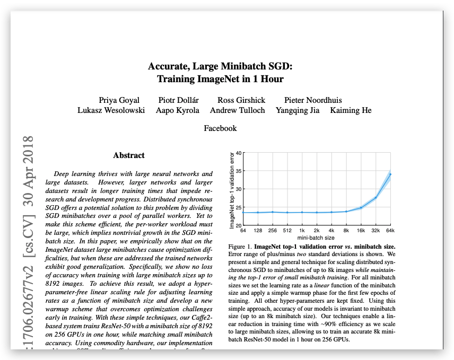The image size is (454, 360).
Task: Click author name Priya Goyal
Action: (119, 100)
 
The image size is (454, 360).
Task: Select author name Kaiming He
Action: (351, 110)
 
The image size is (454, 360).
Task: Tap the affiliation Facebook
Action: (220, 128)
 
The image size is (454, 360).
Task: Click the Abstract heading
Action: (129, 155)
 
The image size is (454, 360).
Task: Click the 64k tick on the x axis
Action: (391, 230)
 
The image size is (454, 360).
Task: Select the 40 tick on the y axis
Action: (239, 153)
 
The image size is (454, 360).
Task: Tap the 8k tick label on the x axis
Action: (346, 230)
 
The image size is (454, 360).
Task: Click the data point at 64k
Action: (390, 174)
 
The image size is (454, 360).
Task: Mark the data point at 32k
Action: (376, 198)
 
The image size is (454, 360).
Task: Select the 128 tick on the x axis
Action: (258, 230)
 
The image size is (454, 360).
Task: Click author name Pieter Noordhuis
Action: (313, 100)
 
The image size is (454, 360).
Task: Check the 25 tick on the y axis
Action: (239, 207)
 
